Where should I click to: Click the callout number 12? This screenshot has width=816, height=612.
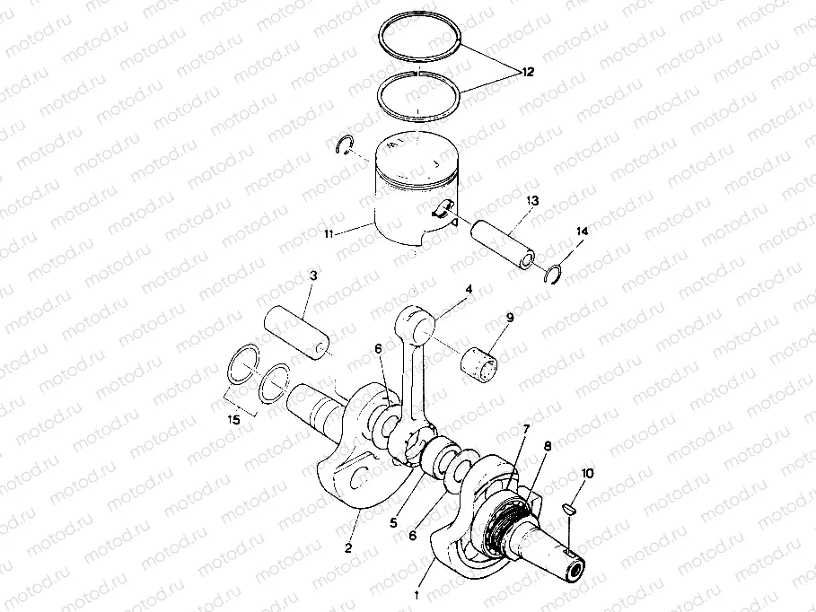pyautogui.click(x=526, y=71)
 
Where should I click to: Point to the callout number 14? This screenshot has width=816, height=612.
pyautogui.click(x=581, y=232)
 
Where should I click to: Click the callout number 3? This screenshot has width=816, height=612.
pyautogui.click(x=312, y=278)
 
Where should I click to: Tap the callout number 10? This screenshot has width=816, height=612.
pyautogui.click(x=586, y=472)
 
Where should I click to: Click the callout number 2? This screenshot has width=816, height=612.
pyautogui.click(x=348, y=546)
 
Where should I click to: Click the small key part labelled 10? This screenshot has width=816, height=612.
pyautogui.click(x=567, y=510)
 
